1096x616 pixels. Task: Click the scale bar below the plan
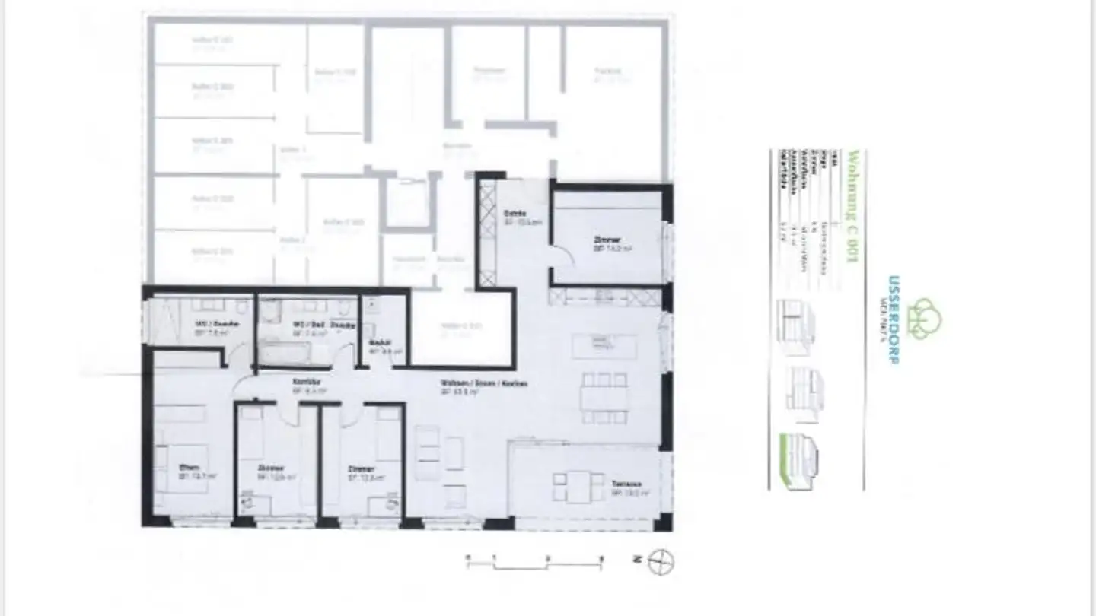coord(535,563)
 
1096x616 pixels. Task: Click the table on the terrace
coord(578,487)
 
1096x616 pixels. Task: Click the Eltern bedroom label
coord(189,468)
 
